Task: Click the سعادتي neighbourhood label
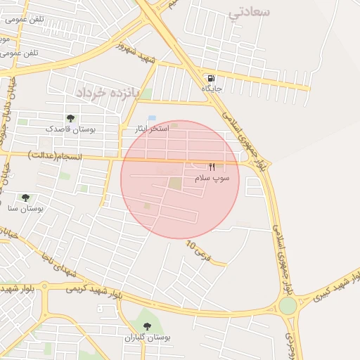click(250, 12)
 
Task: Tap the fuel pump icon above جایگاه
click(210, 78)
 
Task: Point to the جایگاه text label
click(212, 89)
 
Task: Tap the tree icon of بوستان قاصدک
click(70, 118)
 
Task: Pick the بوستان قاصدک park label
click(70, 129)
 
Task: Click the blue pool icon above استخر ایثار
click(152, 118)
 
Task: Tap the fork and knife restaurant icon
click(212, 167)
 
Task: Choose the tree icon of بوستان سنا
click(26, 198)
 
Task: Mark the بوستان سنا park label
click(26, 209)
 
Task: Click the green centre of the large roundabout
click(287, 306)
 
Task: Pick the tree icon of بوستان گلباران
click(147, 326)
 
